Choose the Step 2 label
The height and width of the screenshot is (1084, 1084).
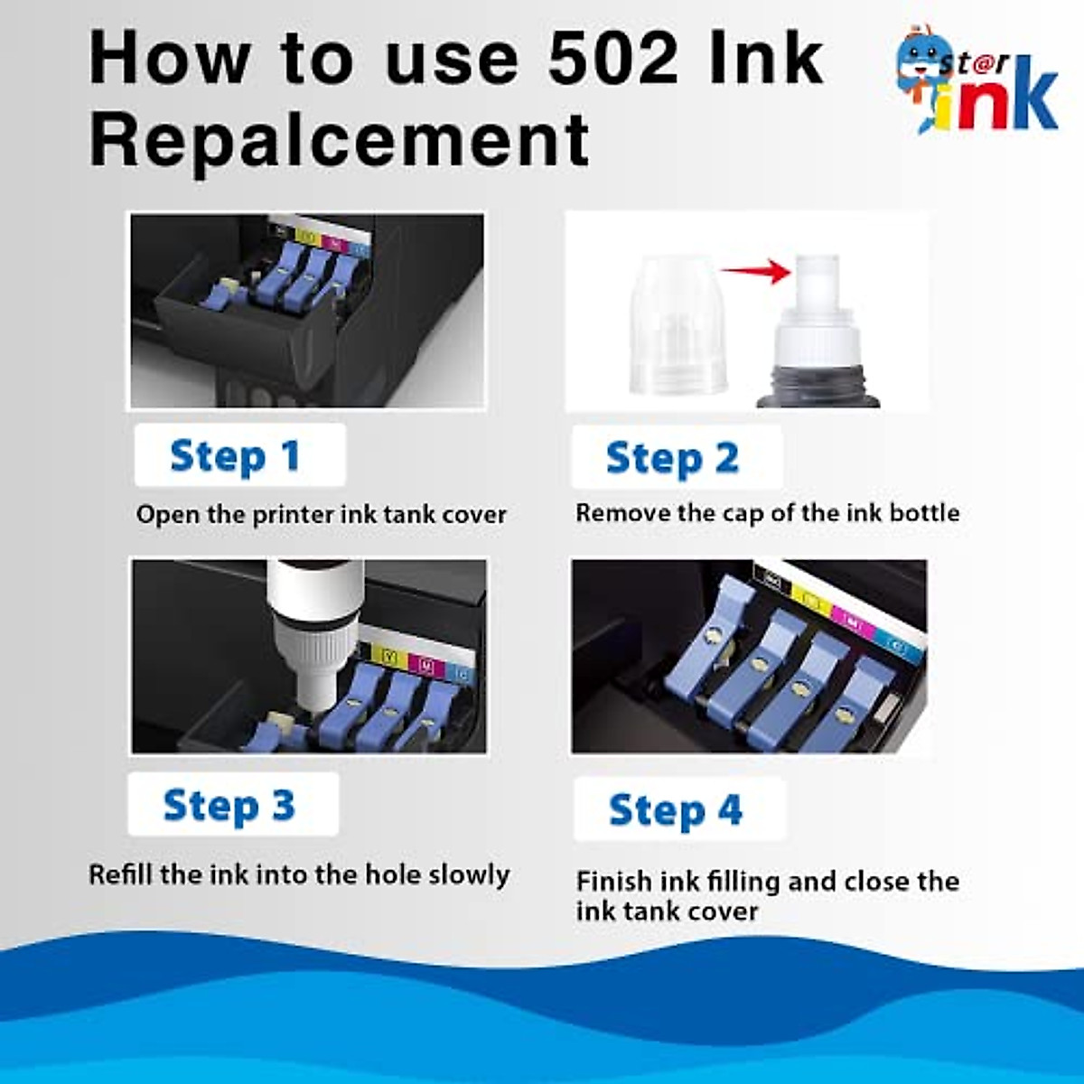(673, 458)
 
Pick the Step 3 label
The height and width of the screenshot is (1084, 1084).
(229, 805)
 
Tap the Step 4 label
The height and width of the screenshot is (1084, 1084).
(676, 809)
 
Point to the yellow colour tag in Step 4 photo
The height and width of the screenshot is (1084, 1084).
(807, 596)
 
